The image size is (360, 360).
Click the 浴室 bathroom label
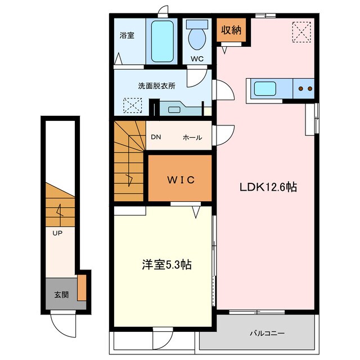(x=127, y=35)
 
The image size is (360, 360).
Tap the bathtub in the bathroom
(x=162, y=41)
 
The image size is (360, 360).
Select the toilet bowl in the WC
(x=197, y=38)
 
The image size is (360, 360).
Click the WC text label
(x=197, y=58)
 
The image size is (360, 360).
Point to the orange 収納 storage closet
(x=231, y=30)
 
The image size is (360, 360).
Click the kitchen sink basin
(x=265, y=89)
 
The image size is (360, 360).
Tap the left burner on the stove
(x=300, y=88)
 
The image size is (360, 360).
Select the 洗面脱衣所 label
(x=156, y=86)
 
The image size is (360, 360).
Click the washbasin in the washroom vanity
(x=174, y=110)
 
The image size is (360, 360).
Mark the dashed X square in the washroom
(x=133, y=105)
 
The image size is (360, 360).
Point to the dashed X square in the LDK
(x=301, y=32)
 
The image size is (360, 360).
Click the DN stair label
(x=156, y=137)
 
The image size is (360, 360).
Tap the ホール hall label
(x=192, y=137)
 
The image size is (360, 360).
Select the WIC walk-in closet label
(x=181, y=180)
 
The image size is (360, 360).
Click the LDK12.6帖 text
(x=268, y=187)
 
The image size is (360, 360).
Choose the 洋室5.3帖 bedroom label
(x=166, y=264)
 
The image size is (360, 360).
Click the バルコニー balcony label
(x=267, y=333)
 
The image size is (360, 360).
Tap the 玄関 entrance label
(x=61, y=295)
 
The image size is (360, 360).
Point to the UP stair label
(x=57, y=233)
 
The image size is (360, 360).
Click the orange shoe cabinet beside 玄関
(x=82, y=287)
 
